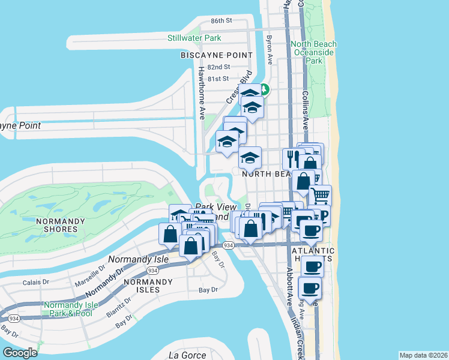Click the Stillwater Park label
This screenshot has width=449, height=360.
click(194, 38)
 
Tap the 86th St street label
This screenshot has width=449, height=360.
click(221, 21)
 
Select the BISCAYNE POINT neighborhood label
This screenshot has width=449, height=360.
click(217, 55)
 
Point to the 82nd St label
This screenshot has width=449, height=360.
click(218, 67)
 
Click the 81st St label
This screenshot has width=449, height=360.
click(218, 79)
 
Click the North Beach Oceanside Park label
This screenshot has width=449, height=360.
click(314, 52)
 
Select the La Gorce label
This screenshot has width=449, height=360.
click(184, 354)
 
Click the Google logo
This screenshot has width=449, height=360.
click(20, 353)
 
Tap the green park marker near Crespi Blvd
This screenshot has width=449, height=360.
click(264, 91)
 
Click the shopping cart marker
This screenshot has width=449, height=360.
click(321, 194)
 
